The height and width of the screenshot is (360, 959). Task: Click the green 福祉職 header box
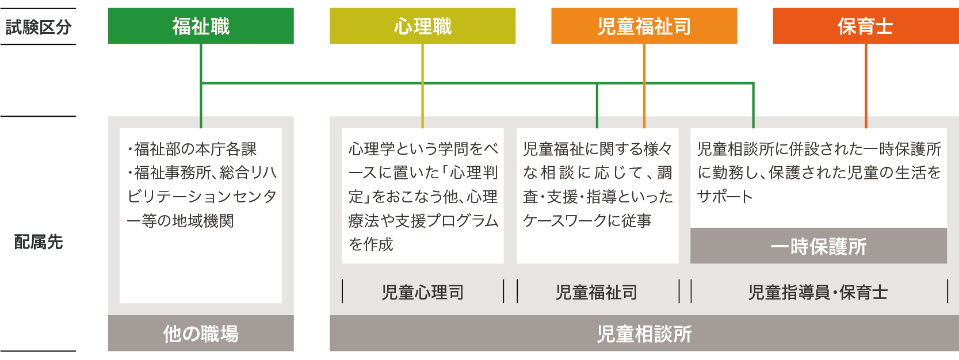201,26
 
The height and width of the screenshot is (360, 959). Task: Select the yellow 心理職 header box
422,26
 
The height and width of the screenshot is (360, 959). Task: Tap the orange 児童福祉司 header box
644,26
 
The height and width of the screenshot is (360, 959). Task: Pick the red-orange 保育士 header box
865,26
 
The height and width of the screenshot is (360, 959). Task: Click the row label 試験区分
38,27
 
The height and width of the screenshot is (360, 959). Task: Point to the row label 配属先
38,242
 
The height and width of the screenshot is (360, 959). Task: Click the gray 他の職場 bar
201,334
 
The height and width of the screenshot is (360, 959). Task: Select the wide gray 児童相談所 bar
644,334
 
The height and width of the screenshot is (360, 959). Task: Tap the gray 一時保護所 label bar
818,247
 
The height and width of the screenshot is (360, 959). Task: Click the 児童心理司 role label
422,292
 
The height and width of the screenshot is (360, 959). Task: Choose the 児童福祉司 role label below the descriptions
597,292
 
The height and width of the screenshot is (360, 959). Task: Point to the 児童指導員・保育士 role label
818,292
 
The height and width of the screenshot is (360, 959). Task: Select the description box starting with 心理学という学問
422,196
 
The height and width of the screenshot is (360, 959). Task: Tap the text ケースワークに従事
587,221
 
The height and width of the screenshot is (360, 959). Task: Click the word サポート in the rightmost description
725,197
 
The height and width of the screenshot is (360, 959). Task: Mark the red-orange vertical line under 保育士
866,86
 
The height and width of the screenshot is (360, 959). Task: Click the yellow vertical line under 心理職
422,86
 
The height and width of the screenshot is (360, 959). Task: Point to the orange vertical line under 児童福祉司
644,86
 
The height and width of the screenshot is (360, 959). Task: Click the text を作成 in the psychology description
371,244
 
